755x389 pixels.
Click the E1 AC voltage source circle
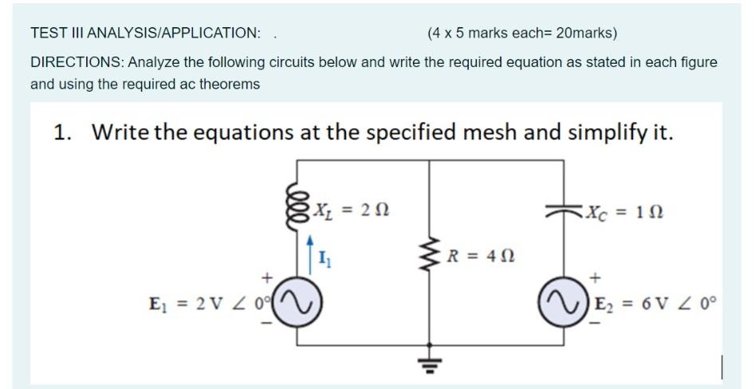coord(300,303)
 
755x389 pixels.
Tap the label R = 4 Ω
coord(478,257)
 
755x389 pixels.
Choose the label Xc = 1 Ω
coord(625,212)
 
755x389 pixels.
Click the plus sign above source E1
coord(268,277)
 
